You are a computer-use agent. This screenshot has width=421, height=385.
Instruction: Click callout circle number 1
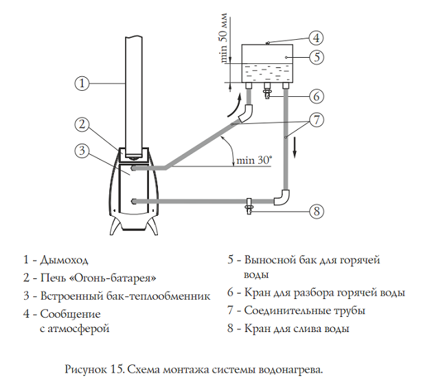tap(81, 83)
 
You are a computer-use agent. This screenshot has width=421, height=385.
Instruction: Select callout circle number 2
tap(81, 125)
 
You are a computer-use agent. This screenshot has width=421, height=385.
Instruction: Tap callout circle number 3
tap(81, 150)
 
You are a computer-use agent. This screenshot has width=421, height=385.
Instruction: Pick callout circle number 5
tap(316, 57)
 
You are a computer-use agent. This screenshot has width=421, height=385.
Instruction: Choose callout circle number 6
tap(316, 95)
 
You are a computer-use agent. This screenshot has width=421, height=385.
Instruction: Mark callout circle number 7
tap(316, 120)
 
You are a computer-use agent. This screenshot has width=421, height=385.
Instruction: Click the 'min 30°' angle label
tap(253, 160)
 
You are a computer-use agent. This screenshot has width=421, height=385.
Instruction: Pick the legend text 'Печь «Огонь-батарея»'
tap(99, 278)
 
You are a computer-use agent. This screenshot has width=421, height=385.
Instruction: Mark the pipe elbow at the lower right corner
tap(282, 199)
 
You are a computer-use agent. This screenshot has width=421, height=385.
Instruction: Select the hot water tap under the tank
tap(268, 92)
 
